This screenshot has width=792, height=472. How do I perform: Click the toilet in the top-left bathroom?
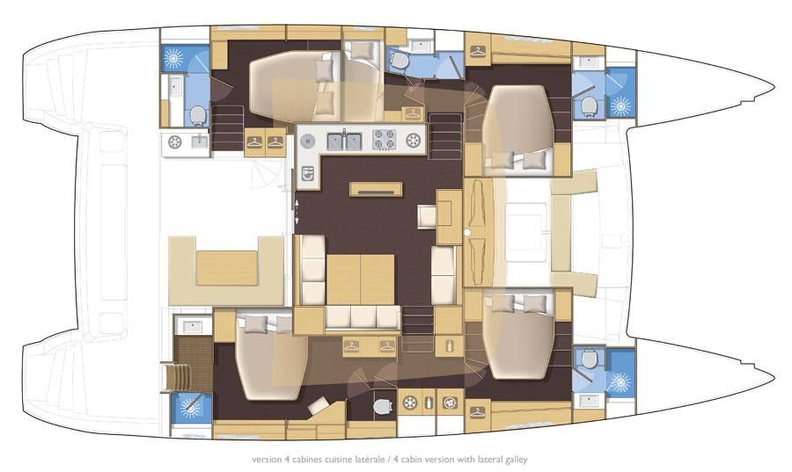tap(197, 115)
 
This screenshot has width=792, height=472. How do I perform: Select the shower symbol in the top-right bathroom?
tap(621, 105)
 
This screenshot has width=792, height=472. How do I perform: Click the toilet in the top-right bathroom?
tap(589, 106)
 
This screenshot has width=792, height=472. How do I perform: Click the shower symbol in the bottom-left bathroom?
tap(190, 407)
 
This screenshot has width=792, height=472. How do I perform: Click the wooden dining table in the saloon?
tap(361, 279)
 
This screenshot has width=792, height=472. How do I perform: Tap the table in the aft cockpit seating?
tap(226, 268)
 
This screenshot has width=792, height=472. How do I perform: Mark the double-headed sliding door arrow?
tap(297, 211)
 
